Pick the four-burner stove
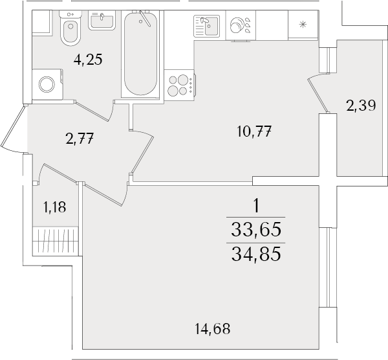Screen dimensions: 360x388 pyautogui.click(x=180, y=85)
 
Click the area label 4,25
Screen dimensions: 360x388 pyautogui.click(x=89, y=60)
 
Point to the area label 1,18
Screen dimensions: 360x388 pyautogui.click(x=55, y=207)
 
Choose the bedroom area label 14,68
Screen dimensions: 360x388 pyautogui.click(x=213, y=329)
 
